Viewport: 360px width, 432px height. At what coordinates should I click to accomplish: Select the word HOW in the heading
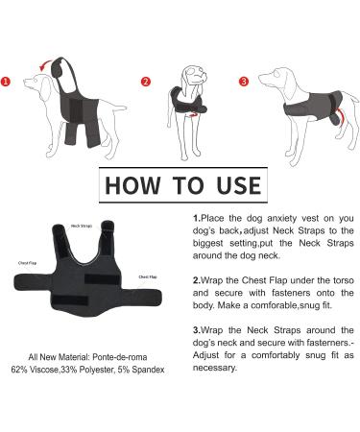pos(132,185)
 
